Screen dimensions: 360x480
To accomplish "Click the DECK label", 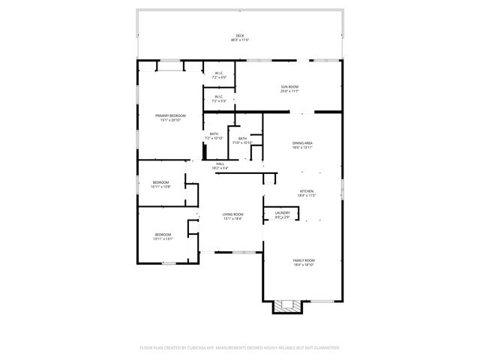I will pyautogui.click(x=240, y=35).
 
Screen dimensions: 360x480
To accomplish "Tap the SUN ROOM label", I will pyautogui.click(x=290, y=88).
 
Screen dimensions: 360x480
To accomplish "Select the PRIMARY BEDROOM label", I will pyautogui.click(x=170, y=115).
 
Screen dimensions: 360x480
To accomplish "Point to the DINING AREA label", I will pyautogui.click(x=303, y=143).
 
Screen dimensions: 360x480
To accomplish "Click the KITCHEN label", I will pyautogui.click(x=307, y=191).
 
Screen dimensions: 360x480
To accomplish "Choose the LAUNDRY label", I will pyautogui.click(x=282, y=213).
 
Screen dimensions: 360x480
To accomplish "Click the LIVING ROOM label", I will pyautogui.click(x=232, y=214).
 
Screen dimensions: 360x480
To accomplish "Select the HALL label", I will pyautogui.click(x=220, y=164).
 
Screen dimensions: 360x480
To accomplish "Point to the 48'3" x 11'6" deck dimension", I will pyautogui.click(x=240, y=40).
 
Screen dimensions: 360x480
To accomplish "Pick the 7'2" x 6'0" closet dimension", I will pyautogui.click(x=219, y=77).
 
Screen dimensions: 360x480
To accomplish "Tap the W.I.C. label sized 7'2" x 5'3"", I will pyautogui.click(x=219, y=96).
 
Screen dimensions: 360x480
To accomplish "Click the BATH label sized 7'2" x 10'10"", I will pyautogui.click(x=214, y=134).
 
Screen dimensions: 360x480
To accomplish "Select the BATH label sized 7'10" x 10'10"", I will pyautogui.click(x=243, y=138).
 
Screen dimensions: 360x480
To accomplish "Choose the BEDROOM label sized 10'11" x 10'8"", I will pyautogui.click(x=161, y=182).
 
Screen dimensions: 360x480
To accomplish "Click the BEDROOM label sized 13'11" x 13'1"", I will pyautogui.click(x=163, y=235).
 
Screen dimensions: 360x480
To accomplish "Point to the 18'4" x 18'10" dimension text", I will pyautogui.click(x=303, y=264).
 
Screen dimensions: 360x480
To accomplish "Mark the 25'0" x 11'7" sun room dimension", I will pyautogui.click(x=290, y=92).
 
